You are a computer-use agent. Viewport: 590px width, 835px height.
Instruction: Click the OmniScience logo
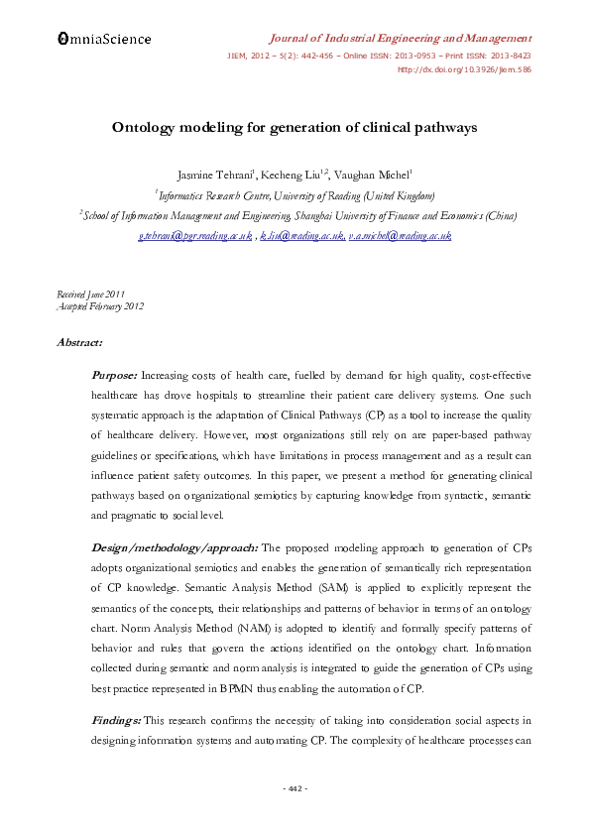pos(103,39)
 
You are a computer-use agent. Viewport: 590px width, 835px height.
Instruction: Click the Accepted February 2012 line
pos(101,306)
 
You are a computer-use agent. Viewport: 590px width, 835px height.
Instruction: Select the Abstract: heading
pos(78,342)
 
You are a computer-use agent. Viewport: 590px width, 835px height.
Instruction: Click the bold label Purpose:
pos(115,376)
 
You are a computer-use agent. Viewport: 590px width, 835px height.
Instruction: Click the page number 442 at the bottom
pos(295,788)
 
